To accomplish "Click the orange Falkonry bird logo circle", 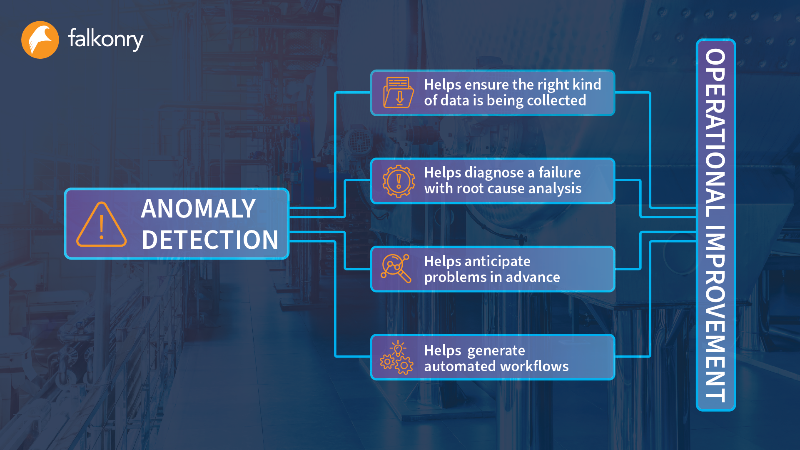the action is click(x=40, y=40).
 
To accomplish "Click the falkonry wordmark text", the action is click(x=106, y=39).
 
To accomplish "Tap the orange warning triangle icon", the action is click(x=101, y=225).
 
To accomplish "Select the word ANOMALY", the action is click(x=198, y=208).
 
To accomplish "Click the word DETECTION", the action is click(x=210, y=240).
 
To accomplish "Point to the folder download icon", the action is click(x=399, y=92).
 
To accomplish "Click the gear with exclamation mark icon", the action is click(x=399, y=181).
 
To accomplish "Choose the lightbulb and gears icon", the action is click(x=396, y=357).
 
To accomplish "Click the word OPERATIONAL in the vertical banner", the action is click(x=715, y=133).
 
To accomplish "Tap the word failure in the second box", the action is click(x=560, y=172).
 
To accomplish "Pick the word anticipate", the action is click(x=498, y=262).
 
